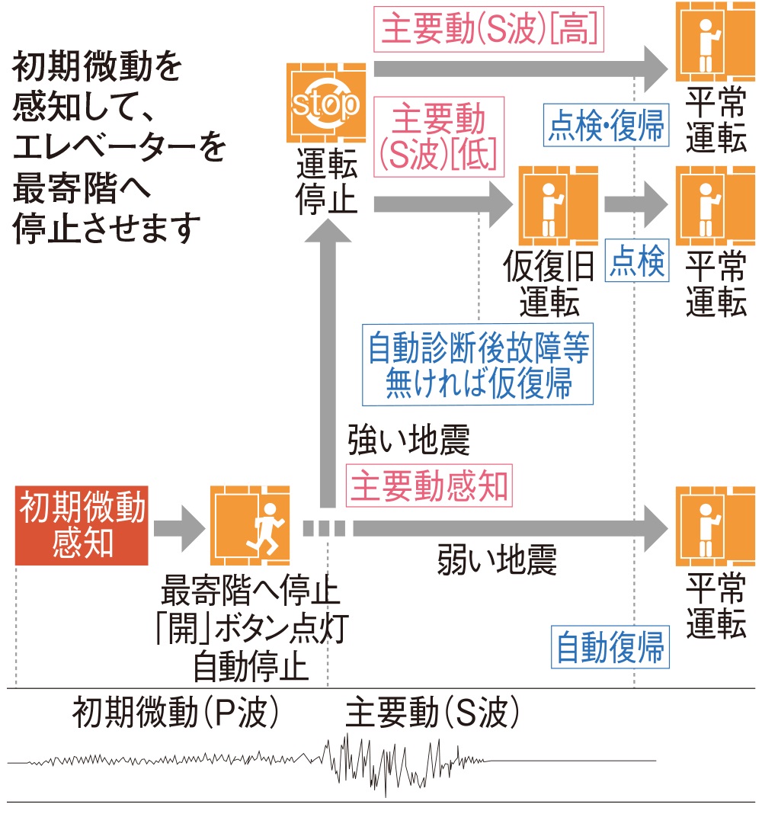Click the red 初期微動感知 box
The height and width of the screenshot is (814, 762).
tap(82, 526)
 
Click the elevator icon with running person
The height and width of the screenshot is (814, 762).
tap(251, 526)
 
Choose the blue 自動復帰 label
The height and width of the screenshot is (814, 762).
tap(610, 648)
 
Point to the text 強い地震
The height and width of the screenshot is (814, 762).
tap(408, 441)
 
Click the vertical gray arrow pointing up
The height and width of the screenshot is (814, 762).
tap(328, 358)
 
